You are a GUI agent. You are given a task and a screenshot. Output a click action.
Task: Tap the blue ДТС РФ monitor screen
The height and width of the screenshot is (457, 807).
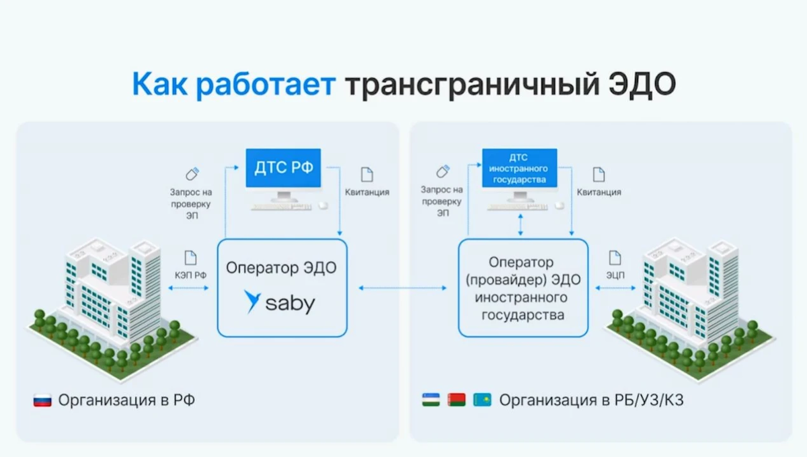point(282,168)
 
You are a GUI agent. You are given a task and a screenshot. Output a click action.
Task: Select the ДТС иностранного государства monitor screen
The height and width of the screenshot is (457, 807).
point(518,168)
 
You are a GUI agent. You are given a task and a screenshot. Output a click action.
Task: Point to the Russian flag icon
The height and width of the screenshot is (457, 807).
point(42,401)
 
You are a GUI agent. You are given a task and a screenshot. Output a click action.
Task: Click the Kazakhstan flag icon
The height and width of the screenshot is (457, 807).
point(482,400)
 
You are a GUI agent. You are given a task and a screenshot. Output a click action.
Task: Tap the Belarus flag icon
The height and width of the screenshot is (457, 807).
point(457,400)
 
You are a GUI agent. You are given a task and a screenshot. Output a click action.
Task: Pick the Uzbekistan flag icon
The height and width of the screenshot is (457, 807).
point(431,400)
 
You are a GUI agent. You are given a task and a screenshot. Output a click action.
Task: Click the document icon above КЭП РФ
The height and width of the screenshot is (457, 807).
point(190,256)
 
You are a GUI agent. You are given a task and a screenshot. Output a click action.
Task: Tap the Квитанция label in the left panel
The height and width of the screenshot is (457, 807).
point(367,192)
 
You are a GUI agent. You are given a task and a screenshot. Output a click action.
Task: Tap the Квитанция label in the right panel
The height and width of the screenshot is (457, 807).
point(599,192)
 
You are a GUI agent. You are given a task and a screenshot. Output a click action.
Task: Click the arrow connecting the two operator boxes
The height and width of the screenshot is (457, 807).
point(402,289)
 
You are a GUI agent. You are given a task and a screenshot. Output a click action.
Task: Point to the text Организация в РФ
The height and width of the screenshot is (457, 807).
point(126,401)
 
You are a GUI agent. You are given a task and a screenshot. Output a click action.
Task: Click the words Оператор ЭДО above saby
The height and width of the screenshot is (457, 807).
point(281,268)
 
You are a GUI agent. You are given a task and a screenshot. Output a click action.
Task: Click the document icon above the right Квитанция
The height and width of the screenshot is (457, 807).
point(599,174)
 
